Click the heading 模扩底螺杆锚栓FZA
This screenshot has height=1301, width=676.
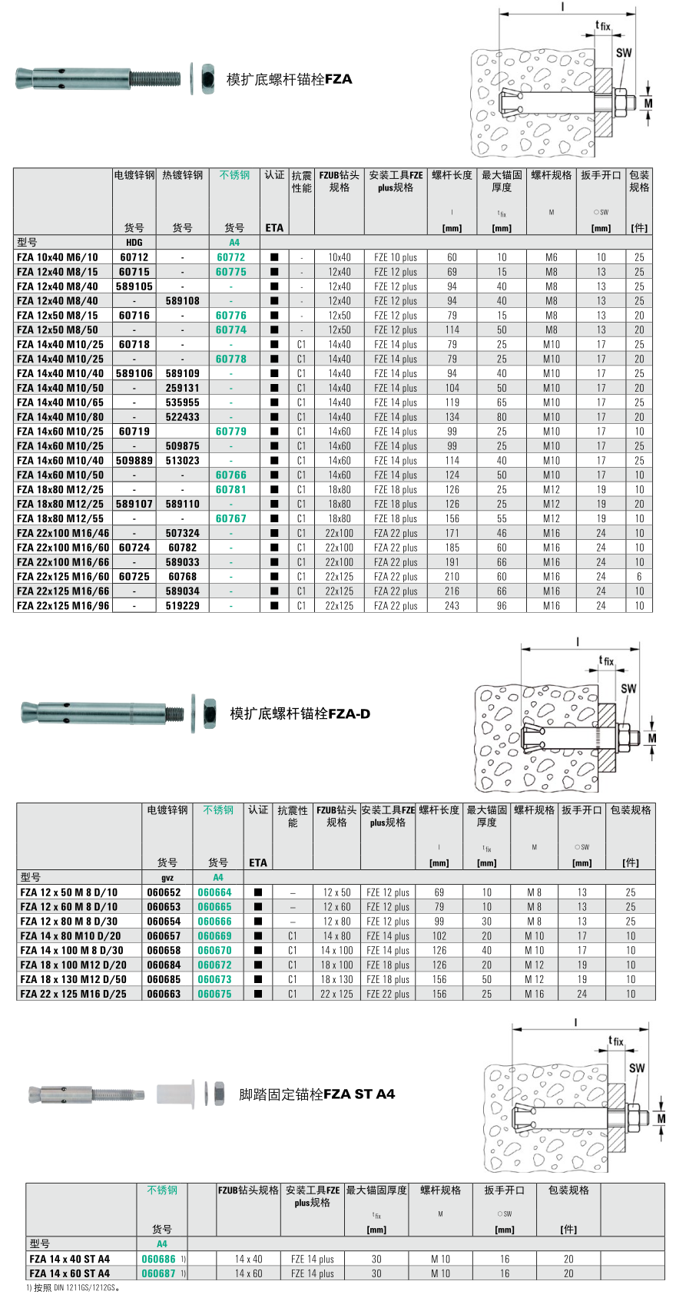click(x=289, y=79)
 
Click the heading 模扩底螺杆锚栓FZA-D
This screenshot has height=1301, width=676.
click(x=300, y=713)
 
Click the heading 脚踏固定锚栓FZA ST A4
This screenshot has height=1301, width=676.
click(x=316, y=1094)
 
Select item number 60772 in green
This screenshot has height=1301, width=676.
click(x=230, y=257)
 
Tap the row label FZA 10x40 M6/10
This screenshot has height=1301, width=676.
click(x=58, y=257)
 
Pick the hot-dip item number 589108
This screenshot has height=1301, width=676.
click(x=182, y=301)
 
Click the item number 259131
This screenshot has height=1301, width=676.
click(x=182, y=388)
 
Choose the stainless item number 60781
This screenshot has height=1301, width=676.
click(x=230, y=489)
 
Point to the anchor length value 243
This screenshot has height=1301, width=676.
click(x=452, y=605)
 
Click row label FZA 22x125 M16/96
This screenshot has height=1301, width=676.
click(x=63, y=605)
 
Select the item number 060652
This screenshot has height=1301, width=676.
click(x=164, y=892)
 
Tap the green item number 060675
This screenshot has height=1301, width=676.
click(x=214, y=994)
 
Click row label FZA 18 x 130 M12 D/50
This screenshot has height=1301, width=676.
click(x=74, y=979)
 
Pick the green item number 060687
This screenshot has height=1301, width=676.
click(x=158, y=1273)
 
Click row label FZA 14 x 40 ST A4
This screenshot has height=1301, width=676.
click(x=70, y=1259)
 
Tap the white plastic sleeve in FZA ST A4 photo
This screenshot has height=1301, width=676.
click(x=174, y=1094)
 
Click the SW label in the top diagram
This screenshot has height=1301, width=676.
click(x=624, y=53)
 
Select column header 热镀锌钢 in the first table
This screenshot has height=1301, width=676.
click(x=182, y=175)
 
